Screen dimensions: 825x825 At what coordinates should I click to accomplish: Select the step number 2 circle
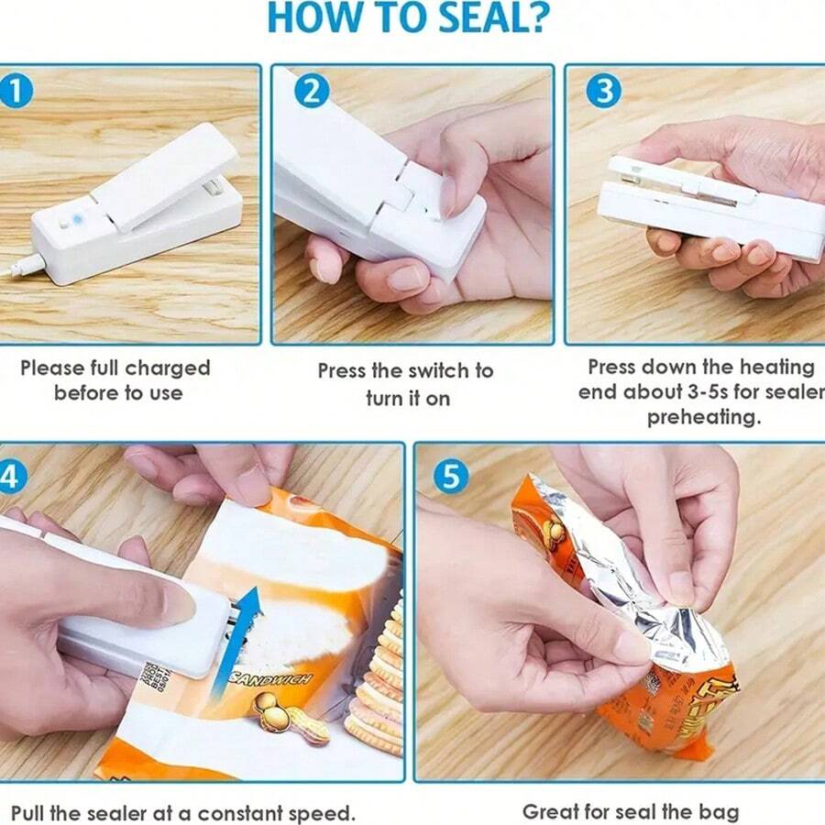pos(312,91)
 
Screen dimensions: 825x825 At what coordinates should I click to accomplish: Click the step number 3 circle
pos(603,91)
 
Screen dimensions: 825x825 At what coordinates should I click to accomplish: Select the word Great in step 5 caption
pos(549,811)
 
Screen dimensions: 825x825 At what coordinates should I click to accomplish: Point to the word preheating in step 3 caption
pos(703,418)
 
